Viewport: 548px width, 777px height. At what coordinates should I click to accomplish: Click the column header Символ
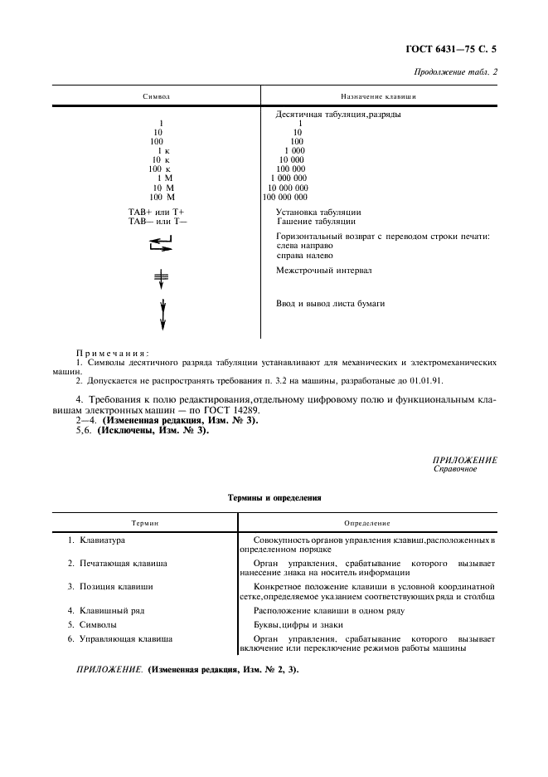(156, 97)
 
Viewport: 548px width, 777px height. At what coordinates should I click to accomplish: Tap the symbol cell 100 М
(162, 197)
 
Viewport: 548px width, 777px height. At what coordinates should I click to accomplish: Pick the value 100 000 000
(285, 197)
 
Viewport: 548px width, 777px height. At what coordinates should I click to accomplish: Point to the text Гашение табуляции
(316, 222)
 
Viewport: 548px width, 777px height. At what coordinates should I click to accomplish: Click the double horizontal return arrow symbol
(162, 243)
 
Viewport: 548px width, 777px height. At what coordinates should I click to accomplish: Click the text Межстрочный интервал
(324, 271)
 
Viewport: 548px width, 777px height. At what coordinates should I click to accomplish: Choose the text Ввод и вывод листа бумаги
(330, 304)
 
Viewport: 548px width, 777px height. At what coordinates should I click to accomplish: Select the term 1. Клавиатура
(96, 540)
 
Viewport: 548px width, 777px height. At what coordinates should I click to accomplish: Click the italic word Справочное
(456, 468)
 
